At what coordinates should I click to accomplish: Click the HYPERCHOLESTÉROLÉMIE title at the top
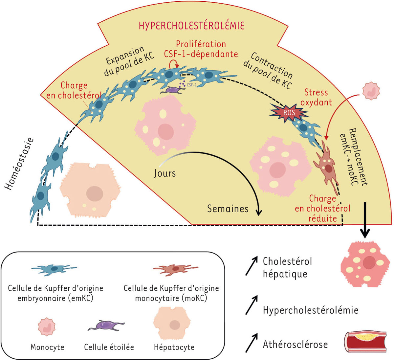tap(191, 25)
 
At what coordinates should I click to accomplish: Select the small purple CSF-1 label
tap(191, 85)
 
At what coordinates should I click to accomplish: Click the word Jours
tap(165, 173)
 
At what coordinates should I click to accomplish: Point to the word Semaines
tap(228, 208)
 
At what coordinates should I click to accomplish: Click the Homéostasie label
tap(19, 164)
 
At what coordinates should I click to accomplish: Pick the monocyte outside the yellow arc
tap(371, 91)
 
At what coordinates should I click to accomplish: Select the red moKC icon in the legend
tap(176, 269)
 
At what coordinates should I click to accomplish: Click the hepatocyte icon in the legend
tap(174, 325)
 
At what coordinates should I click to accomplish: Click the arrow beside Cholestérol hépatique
tap(252, 266)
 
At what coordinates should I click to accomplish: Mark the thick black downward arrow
tap(365, 220)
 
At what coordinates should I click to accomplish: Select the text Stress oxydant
tap(316, 97)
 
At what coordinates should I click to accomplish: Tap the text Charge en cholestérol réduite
tap(322, 208)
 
